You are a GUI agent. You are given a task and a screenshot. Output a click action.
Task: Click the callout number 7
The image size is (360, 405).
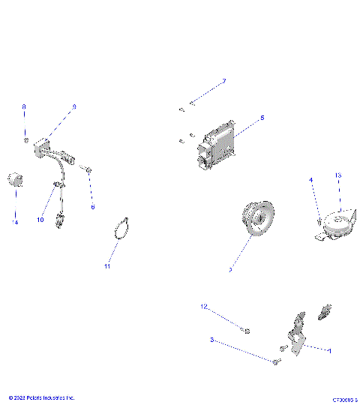pos(223,81)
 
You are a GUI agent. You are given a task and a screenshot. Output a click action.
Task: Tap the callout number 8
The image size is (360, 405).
pos(23,107)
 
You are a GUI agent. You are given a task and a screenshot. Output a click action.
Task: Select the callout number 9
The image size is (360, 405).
pos(74,107)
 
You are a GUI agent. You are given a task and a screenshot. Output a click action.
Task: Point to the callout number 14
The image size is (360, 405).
pos(13,222)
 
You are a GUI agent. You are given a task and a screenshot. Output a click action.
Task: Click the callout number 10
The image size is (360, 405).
pos(41,220)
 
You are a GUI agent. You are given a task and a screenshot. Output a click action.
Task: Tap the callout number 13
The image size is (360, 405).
pos(338,175)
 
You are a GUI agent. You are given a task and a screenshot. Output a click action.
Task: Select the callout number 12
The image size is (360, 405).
pos(202,307)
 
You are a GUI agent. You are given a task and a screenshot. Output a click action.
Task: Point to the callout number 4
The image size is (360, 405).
pos(310,180)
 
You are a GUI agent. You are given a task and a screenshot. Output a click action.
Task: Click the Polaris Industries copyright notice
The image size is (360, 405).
pos(41,397)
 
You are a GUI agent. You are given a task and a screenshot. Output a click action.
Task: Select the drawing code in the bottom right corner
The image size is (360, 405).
pos(345,400)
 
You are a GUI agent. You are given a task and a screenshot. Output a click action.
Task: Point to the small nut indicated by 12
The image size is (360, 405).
pos(247,331)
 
